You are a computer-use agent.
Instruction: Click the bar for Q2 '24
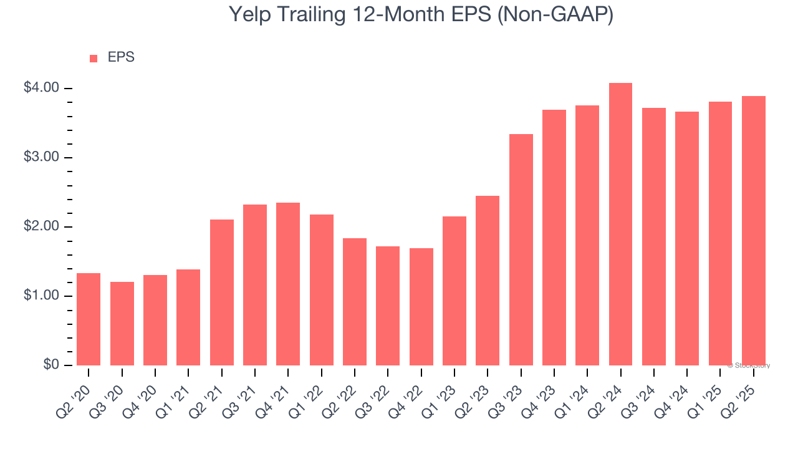tap(620, 224)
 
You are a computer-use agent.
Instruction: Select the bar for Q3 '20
tap(122, 324)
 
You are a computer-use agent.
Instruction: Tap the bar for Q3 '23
tap(521, 249)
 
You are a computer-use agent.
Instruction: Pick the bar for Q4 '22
tap(421, 307)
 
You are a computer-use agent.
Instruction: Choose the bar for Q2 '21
tap(222, 292)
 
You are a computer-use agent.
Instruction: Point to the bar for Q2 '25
tap(753, 231)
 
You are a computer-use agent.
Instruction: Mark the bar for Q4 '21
tap(288, 284)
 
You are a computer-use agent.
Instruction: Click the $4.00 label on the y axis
tap(42, 88)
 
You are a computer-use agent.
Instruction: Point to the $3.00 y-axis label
tap(42, 157)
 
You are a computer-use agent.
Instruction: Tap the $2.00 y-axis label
tap(42, 226)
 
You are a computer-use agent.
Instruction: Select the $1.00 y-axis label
tap(42, 296)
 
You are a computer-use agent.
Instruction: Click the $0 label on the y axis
tap(51, 365)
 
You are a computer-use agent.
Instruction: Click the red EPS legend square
tap(94, 59)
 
